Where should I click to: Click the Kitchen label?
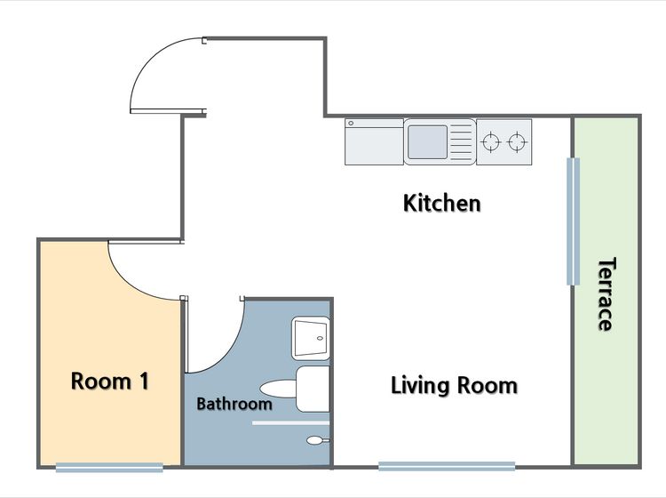tap(441, 203)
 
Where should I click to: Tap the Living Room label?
tap(454, 386)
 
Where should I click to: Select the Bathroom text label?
tap(234, 404)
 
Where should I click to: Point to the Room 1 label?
tap(110, 381)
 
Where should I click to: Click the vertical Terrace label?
tap(607, 293)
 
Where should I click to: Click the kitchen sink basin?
tap(427, 142)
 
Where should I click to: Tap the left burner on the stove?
tap(490, 142)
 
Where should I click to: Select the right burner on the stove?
tap(517, 142)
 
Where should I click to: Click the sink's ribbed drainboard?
tap(461, 141)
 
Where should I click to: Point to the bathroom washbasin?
tap(311, 339)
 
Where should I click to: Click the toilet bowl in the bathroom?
tap(278, 389)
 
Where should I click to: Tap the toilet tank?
tap(313, 390)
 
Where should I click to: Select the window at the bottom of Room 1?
tap(109, 468)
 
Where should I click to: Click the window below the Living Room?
tap(447, 466)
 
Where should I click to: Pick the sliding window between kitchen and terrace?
tap(573, 221)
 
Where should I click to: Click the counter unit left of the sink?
tap(374, 141)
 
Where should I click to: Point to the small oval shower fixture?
tap(315, 440)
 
